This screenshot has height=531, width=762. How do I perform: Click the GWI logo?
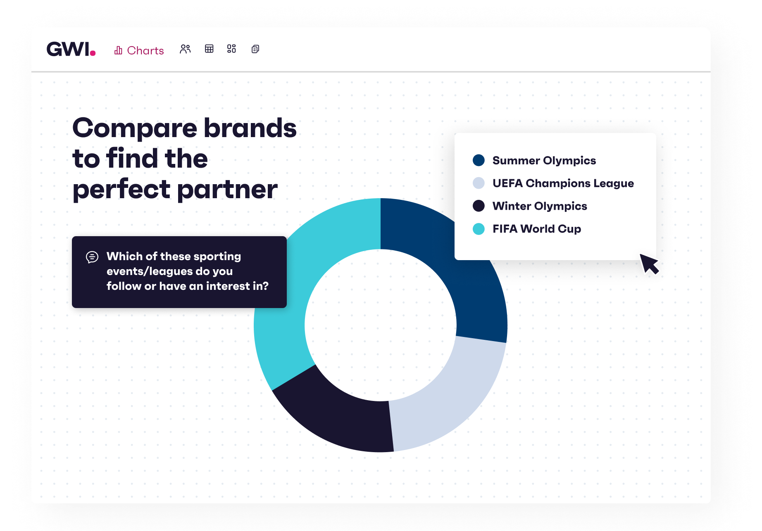coord(71,49)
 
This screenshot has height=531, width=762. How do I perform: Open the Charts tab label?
coord(145,50)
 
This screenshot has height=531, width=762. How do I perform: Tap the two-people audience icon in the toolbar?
coord(185,49)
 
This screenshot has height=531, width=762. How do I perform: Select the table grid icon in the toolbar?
coord(209,49)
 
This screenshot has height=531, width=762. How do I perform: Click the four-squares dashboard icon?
coord(231,49)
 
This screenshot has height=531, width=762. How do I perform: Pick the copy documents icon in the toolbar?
coord(255,49)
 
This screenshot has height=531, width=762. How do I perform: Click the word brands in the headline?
coord(250,128)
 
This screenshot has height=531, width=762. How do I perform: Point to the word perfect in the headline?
coord(121,190)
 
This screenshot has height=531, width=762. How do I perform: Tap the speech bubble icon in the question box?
coord(92,257)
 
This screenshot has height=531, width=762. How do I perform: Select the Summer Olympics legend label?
coord(544,160)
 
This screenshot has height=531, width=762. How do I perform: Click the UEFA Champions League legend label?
coord(563,183)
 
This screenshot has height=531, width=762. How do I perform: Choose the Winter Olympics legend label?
coord(540,206)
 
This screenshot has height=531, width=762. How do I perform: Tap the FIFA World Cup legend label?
coord(537,228)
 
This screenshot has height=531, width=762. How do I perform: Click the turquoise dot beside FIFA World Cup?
coord(479,229)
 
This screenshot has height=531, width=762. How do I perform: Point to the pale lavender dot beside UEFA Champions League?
coord(479,183)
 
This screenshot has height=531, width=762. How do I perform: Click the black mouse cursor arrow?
coord(649,263)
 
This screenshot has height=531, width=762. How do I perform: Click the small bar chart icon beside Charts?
coord(118,50)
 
